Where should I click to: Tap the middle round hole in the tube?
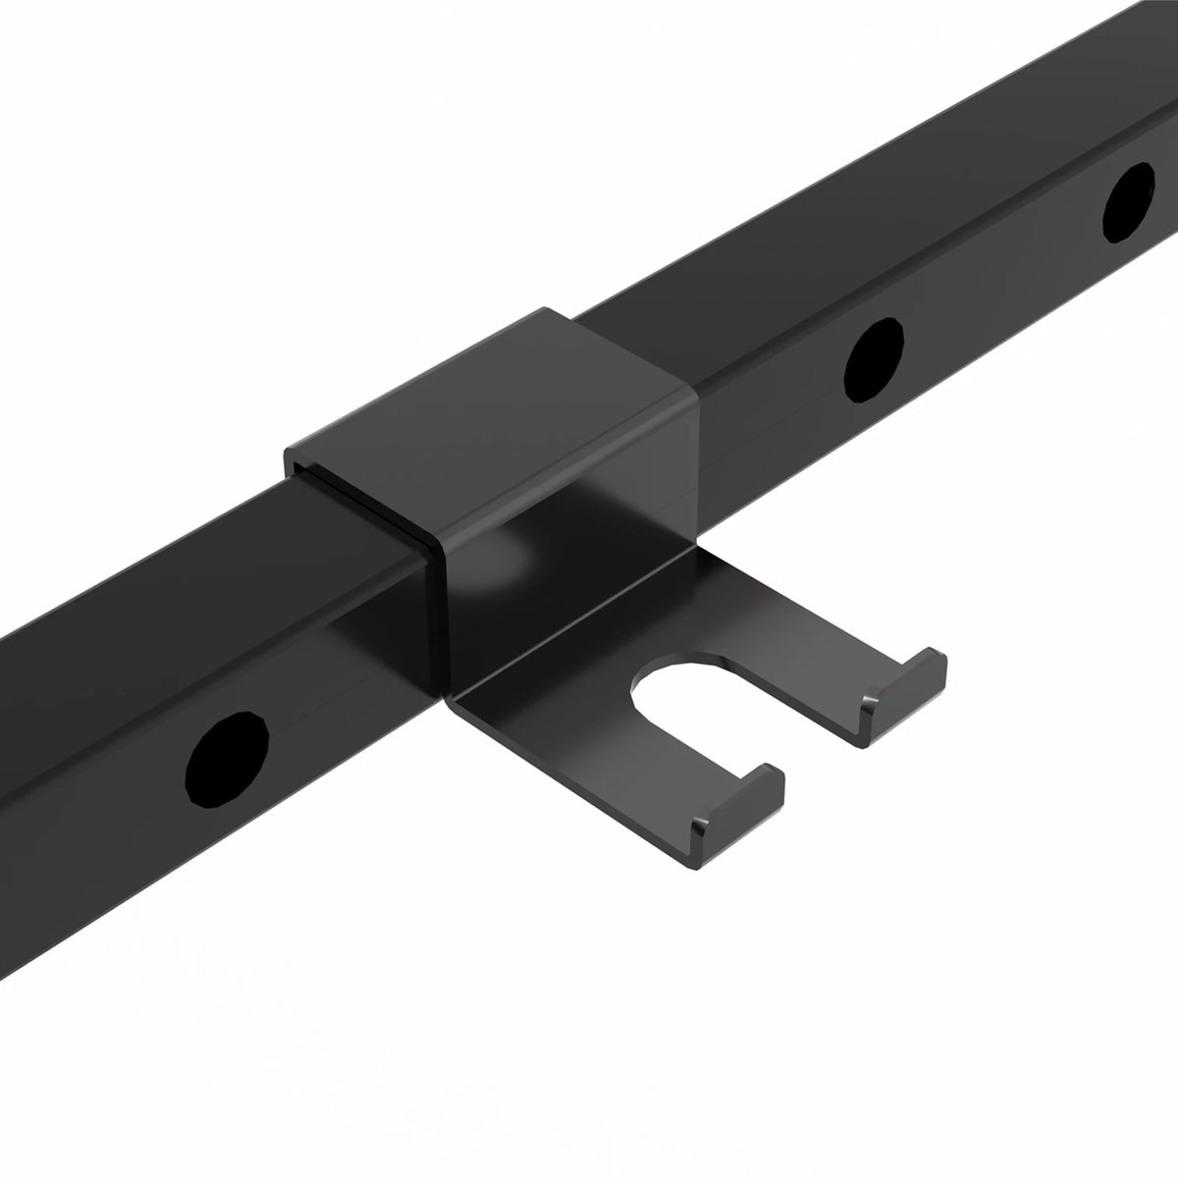(x=874, y=360)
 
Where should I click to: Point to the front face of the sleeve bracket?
(x=569, y=510)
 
